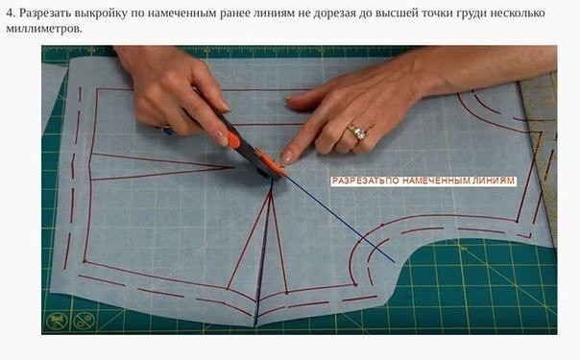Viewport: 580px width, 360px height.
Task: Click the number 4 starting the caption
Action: tap(11, 12)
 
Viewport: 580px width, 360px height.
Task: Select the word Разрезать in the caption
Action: tap(56, 12)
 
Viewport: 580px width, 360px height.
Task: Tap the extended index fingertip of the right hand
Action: tap(287, 156)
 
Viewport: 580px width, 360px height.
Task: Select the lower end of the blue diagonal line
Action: tap(394, 261)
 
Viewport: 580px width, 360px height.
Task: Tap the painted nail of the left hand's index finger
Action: tap(222, 138)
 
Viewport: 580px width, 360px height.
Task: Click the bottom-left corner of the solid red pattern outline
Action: tap(85, 260)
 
